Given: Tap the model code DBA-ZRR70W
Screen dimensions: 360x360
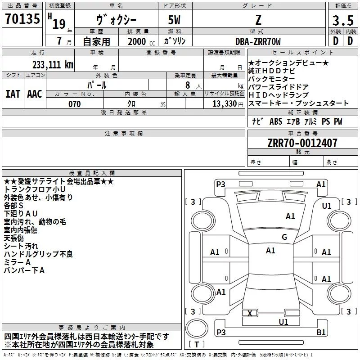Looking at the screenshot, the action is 258,41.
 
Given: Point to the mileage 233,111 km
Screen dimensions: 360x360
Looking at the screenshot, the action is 53,64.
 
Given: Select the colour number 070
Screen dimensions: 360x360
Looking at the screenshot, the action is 74,104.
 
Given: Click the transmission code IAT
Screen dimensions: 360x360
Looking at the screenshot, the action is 13,94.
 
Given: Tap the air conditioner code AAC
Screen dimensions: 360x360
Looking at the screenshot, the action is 35,94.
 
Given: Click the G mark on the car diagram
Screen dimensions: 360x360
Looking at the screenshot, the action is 284,237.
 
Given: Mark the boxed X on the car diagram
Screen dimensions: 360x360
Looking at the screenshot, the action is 250,313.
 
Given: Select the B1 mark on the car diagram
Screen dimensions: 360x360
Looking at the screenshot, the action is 321,333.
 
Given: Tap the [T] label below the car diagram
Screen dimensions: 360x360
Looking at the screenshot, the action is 196,345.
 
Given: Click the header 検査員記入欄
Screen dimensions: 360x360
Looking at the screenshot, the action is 92,173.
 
